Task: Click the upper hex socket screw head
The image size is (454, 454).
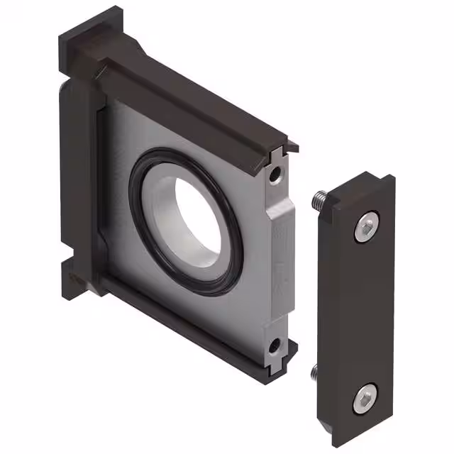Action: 365,227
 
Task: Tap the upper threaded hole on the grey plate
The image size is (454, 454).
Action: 274,173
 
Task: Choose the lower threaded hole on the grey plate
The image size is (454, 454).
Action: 273,345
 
